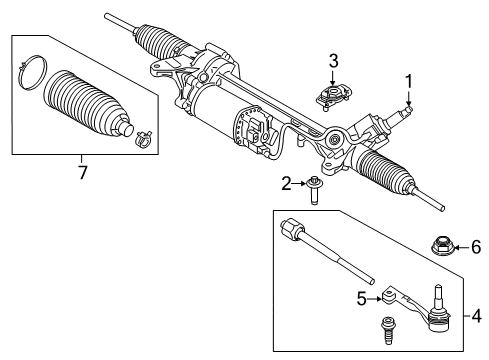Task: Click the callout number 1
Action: [x=408, y=81]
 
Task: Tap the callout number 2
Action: [x=285, y=182]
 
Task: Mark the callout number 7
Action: [x=83, y=172]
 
